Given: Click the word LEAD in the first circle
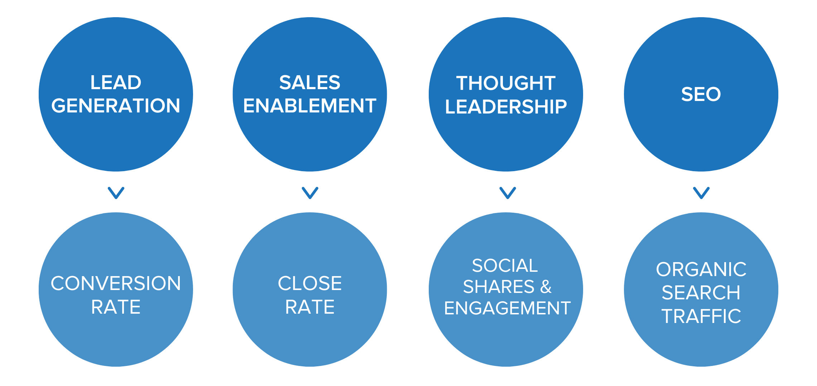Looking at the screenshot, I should pyautogui.click(x=116, y=83).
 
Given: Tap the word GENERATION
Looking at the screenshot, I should pyautogui.click(x=116, y=106).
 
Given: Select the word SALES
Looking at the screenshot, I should pyautogui.click(x=309, y=83).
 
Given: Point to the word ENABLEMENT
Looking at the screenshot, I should pyautogui.click(x=309, y=106).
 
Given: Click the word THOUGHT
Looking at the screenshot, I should pyautogui.click(x=505, y=83).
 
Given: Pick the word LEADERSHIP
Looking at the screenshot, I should pyautogui.click(x=505, y=107).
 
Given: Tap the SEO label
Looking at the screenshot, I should pyautogui.click(x=701, y=94).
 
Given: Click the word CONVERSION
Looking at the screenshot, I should pyautogui.click(x=116, y=284).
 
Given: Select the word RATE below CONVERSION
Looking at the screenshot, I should pyautogui.click(x=116, y=307).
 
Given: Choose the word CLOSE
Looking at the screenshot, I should pyautogui.click(x=309, y=284).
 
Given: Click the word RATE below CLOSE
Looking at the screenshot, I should pyautogui.click(x=309, y=307).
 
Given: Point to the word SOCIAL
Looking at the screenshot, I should pyautogui.click(x=505, y=266).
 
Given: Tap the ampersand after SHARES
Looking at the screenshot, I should pyautogui.click(x=546, y=287).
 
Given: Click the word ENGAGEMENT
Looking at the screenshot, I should pyautogui.click(x=507, y=308).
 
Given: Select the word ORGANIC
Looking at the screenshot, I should pyautogui.click(x=701, y=269).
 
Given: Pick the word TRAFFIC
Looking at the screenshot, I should pyautogui.click(x=701, y=316).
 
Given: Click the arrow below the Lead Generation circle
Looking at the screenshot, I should pyautogui.click(x=116, y=193).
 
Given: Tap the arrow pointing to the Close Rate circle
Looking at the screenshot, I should pyautogui.click(x=310, y=193).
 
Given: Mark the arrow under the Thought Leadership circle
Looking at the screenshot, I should pyautogui.click(x=508, y=193).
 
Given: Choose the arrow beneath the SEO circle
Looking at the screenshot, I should pyautogui.click(x=701, y=193).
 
